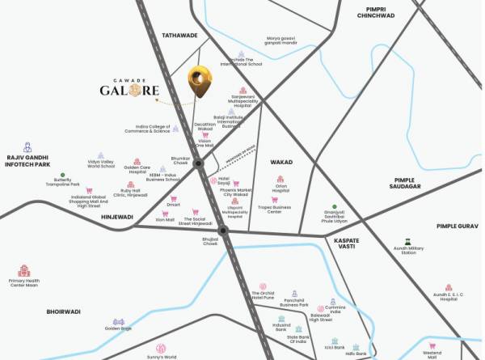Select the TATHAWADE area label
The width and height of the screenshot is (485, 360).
click(x=179, y=35)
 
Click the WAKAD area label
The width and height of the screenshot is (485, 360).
click(x=281, y=162)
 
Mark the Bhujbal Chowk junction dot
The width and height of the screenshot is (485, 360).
click(x=223, y=231)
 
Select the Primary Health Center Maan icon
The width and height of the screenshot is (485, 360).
click(x=23, y=272)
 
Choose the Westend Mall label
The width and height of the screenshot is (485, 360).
click(x=432, y=354)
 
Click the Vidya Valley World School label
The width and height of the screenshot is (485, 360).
click(x=101, y=163)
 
